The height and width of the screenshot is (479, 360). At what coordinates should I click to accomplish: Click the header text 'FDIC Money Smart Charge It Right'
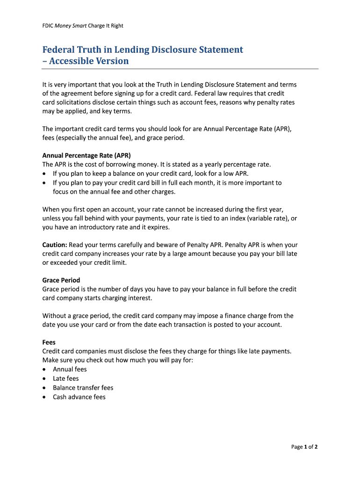pos(83,26)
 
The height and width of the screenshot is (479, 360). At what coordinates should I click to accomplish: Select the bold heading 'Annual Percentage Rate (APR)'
pos(86,155)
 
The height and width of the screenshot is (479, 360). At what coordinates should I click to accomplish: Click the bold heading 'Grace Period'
pos(61,280)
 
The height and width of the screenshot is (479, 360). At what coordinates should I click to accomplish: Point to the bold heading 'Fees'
pos(49,342)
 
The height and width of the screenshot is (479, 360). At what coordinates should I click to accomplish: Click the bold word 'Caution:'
pos(55,245)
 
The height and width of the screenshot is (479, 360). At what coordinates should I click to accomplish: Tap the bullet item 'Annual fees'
pos(70,370)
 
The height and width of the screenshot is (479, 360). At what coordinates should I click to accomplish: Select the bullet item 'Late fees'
pos(66,378)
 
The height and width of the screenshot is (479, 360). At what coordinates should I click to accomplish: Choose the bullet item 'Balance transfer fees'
pos(83,388)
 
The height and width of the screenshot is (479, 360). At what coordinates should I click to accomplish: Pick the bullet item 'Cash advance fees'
pos(79,397)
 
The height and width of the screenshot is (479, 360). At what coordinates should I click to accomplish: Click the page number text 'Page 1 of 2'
pos(304,447)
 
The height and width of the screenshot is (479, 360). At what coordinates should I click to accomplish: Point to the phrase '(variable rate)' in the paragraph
pos(267,218)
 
